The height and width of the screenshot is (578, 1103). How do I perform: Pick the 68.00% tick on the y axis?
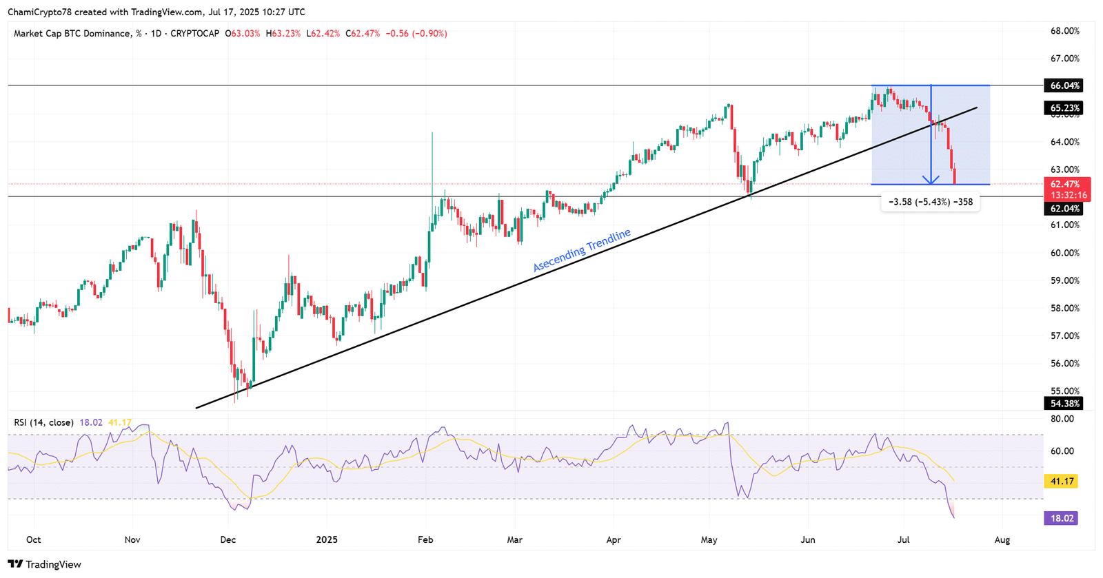1064,31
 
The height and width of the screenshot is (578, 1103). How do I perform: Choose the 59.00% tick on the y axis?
1064,280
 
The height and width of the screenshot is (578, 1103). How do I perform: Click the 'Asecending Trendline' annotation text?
582,250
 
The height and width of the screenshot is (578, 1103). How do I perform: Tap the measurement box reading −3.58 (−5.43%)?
931,202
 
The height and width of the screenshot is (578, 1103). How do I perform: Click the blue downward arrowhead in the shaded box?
931,180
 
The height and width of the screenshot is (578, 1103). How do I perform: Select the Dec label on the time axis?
227,539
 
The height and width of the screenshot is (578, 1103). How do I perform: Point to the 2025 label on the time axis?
327,539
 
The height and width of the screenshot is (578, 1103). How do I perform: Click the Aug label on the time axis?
1002,539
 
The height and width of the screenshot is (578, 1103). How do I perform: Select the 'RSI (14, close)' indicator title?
43,422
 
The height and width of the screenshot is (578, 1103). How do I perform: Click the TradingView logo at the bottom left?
45,564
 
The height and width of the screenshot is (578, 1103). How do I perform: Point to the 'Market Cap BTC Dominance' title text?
72,33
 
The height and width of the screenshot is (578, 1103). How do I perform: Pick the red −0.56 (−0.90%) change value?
416,33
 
